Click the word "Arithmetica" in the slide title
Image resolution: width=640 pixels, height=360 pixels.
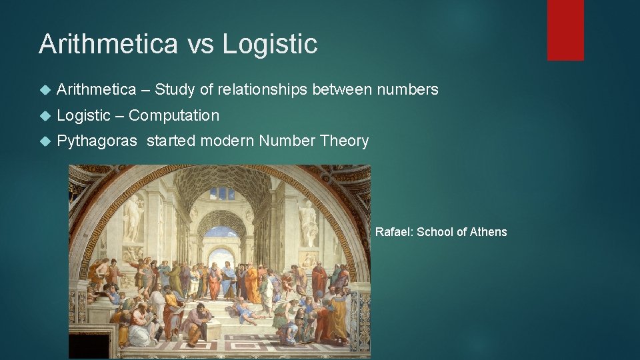pos(107,44)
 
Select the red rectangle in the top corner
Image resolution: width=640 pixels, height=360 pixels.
pos(565,30)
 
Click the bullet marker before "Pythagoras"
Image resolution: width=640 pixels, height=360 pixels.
pos(45,141)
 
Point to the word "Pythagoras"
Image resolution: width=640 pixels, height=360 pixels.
pos(98,141)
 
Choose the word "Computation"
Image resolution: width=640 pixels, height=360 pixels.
pos(173,115)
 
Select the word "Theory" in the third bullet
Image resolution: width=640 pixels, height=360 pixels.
pos(344,141)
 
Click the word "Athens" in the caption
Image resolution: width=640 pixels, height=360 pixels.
pos(489,232)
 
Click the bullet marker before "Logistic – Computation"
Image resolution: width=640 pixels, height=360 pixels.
pos(45,116)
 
